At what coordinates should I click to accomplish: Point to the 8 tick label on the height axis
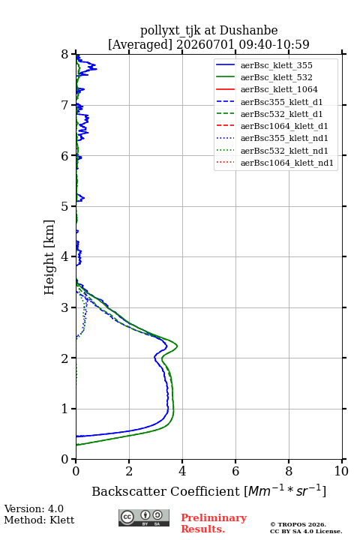pyautogui.click(x=65, y=55)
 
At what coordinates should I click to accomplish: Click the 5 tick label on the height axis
pyautogui.click(x=65, y=206)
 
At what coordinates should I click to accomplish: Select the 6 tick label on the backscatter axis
pyautogui.click(x=235, y=471)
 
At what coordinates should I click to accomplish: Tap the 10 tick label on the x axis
pyautogui.click(x=341, y=471)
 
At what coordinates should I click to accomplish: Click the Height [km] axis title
pyautogui.click(x=49, y=257)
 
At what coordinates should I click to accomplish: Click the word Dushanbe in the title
pyautogui.click(x=248, y=31)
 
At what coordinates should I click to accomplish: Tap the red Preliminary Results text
pyautogui.click(x=214, y=523)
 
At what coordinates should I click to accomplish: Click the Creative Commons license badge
pyautogui.click(x=144, y=517)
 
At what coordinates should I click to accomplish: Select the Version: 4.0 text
pyautogui.click(x=34, y=508)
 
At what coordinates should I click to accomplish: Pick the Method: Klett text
pyautogui.click(x=39, y=520)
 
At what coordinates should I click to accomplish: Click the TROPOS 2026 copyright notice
pyautogui.click(x=298, y=524)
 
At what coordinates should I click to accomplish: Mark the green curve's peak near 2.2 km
pyautogui.click(x=177, y=346)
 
